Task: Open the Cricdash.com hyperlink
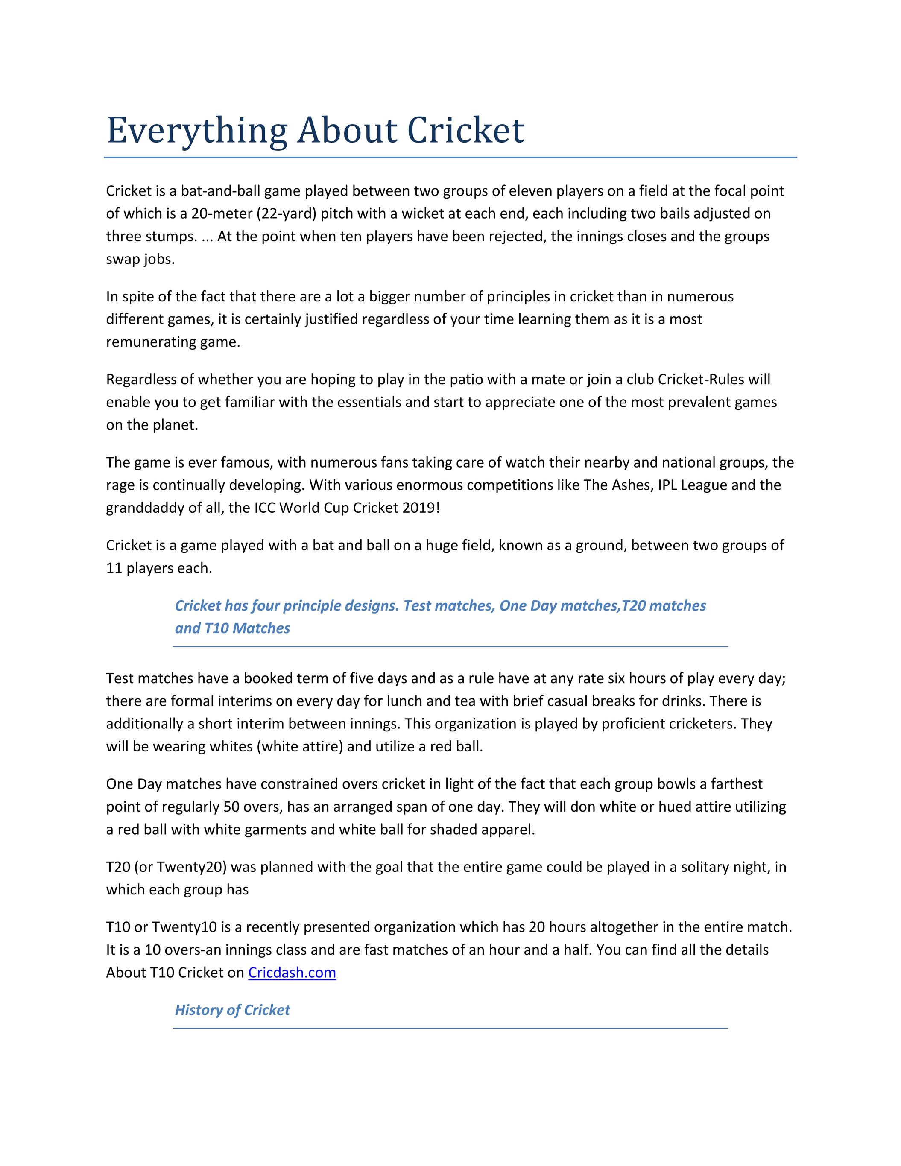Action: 292,972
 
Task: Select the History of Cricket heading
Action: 232,1010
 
